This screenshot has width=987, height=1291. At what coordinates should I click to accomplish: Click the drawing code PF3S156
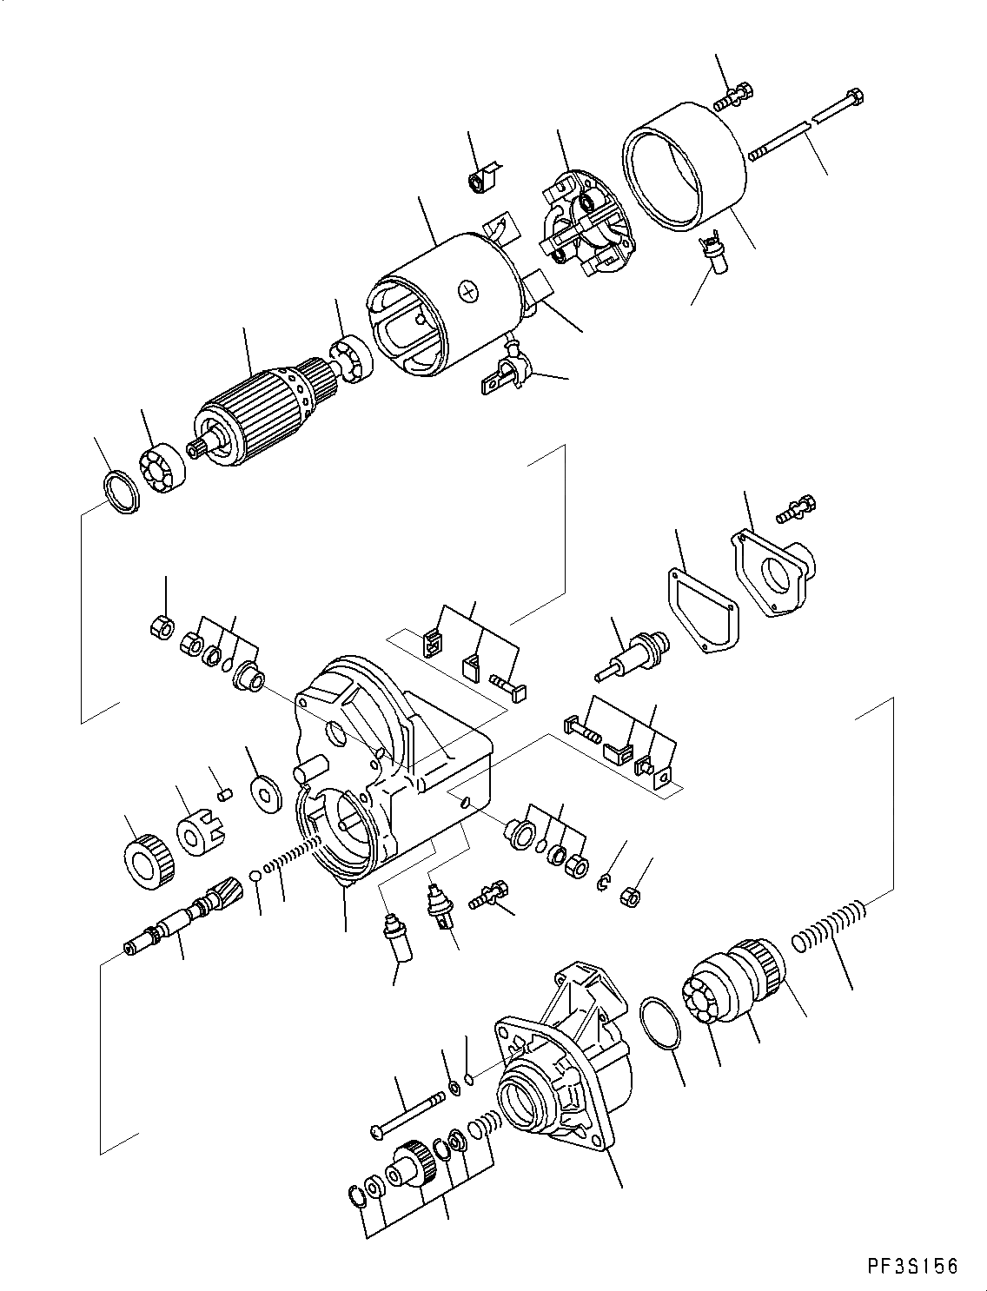click(x=911, y=1267)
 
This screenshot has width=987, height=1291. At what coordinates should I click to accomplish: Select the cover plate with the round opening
click(x=775, y=574)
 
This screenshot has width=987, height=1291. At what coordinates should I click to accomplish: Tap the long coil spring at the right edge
click(x=829, y=930)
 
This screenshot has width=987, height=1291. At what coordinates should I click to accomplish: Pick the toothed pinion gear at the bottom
click(x=411, y=1166)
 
